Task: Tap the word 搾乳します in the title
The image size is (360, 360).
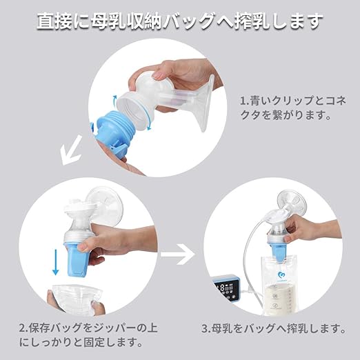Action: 282,21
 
